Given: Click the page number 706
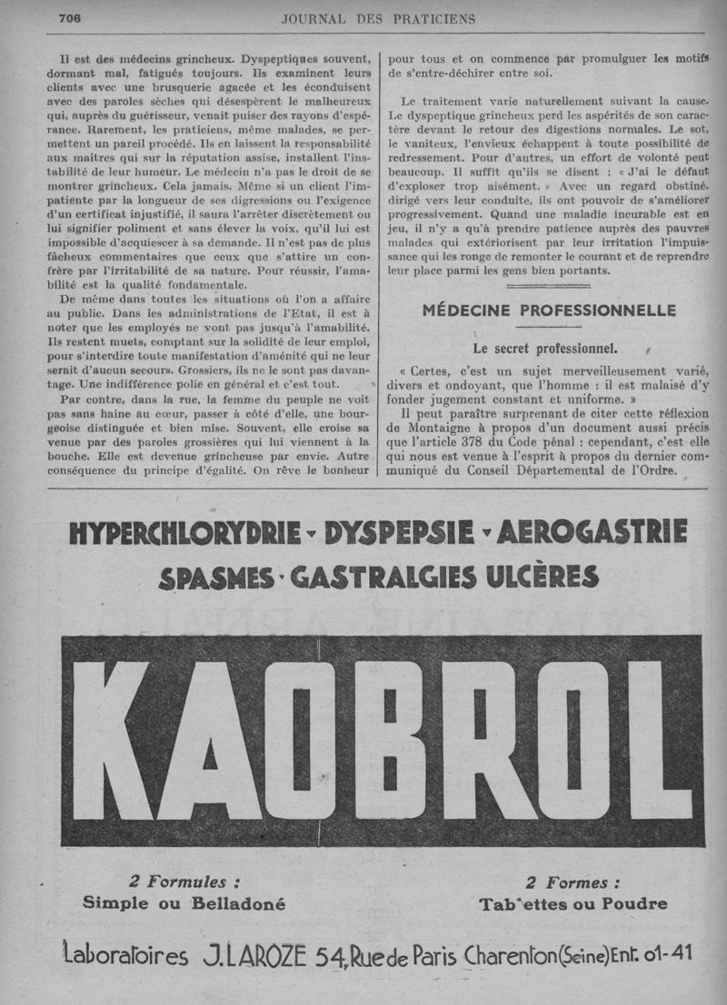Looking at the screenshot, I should (x=71, y=18).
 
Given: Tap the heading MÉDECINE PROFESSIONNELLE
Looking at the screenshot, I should (x=549, y=310).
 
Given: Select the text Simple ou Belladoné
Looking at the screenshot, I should (x=184, y=903).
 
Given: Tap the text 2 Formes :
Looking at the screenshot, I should (x=573, y=882).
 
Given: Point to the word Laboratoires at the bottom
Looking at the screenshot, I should (x=125, y=956).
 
